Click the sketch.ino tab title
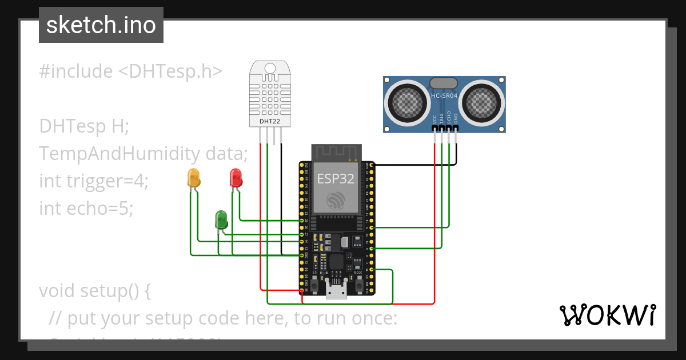(x=101, y=25)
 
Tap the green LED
(x=221, y=219)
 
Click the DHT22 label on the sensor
(x=270, y=121)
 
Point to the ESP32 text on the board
(x=336, y=178)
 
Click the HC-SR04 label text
(x=444, y=97)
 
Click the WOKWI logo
(x=607, y=315)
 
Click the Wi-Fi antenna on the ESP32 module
(x=336, y=153)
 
